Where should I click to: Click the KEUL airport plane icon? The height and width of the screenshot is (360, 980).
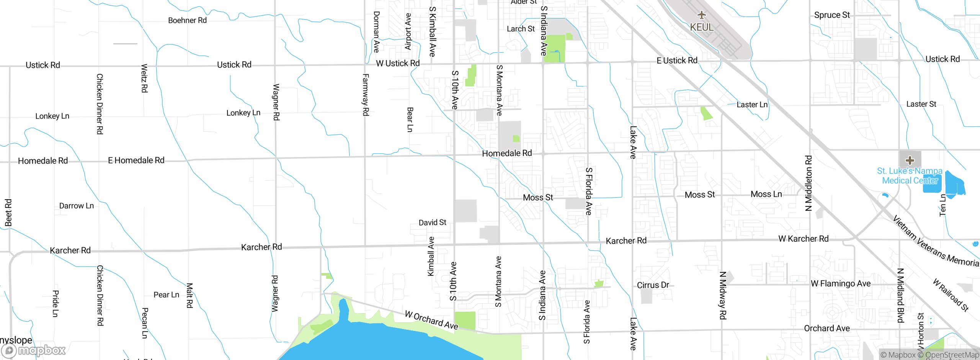[x=701, y=15]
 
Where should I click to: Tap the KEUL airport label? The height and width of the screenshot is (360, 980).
[x=702, y=28]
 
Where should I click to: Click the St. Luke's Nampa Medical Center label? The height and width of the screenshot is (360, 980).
[x=910, y=176]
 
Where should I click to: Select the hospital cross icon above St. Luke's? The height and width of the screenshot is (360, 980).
[x=910, y=160]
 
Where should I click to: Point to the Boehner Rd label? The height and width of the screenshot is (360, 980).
[x=187, y=20]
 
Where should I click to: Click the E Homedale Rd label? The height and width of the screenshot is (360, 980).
[x=136, y=160]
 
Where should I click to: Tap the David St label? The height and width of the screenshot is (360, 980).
[x=432, y=223]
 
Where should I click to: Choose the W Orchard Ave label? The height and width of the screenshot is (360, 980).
[x=431, y=320]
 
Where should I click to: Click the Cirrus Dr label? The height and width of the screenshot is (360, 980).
[x=653, y=285]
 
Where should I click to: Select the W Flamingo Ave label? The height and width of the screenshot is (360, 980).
[x=841, y=284]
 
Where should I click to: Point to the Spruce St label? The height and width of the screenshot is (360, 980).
[x=832, y=15]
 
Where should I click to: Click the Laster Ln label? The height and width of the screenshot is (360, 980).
[x=752, y=105]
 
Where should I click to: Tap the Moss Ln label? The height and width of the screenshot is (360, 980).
[x=766, y=194]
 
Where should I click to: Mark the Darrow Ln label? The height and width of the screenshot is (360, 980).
[x=76, y=206]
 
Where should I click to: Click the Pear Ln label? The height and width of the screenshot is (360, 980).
[x=166, y=295]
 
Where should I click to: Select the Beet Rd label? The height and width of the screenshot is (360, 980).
[x=8, y=213]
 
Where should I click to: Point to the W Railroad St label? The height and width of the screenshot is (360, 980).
[x=951, y=295]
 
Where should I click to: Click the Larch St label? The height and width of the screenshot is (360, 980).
[x=521, y=29]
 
